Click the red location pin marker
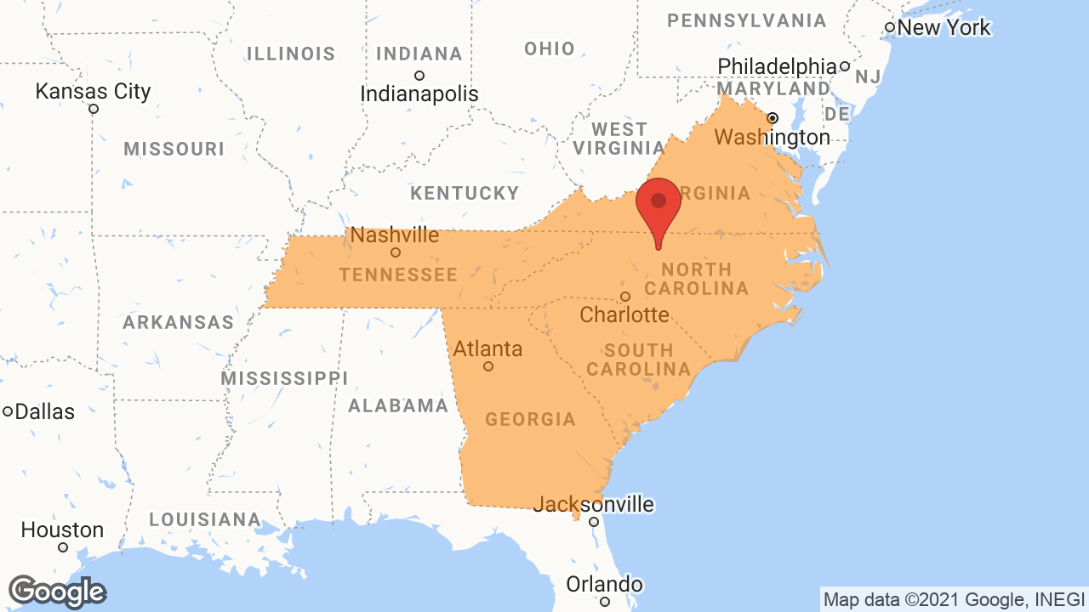point(659,204)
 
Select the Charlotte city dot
point(625,297)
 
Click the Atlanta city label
point(487,348)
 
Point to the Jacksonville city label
point(593,504)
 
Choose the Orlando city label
point(605,584)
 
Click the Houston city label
point(62,530)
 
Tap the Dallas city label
point(45,411)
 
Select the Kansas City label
point(93,91)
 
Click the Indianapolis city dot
point(419,76)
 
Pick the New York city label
point(944,27)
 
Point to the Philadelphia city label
point(777,65)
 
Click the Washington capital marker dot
point(773,117)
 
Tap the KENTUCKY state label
point(465,193)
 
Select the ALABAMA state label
point(398,405)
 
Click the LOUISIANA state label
point(205,518)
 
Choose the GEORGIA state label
point(530,419)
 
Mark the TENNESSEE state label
point(398,275)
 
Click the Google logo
point(57,592)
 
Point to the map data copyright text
point(954,599)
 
